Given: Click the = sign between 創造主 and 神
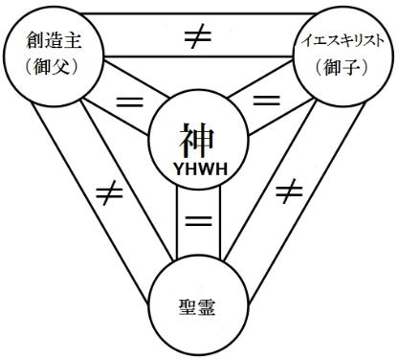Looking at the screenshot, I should (x=122, y=100).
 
